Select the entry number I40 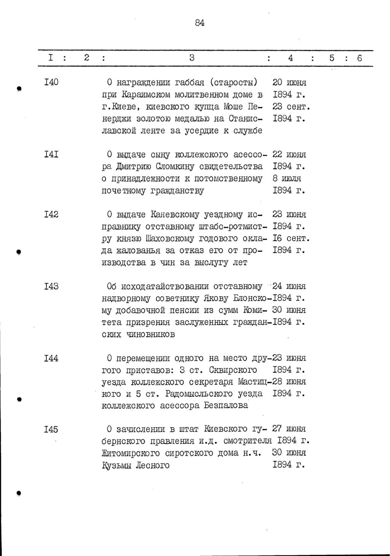[x=51, y=82]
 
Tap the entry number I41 [x=51, y=154]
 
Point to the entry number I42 [x=51, y=214]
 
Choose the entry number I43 [x=51, y=286]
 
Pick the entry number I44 [x=51, y=358]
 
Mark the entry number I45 [x=51, y=430]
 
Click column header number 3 [x=192, y=58]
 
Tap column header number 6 [x=359, y=58]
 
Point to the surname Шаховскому [x=175, y=238]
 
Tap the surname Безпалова [x=225, y=406]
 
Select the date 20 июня [x=290, y=82]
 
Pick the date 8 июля [x=287, y=178]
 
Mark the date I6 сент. [x=291, y=238]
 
